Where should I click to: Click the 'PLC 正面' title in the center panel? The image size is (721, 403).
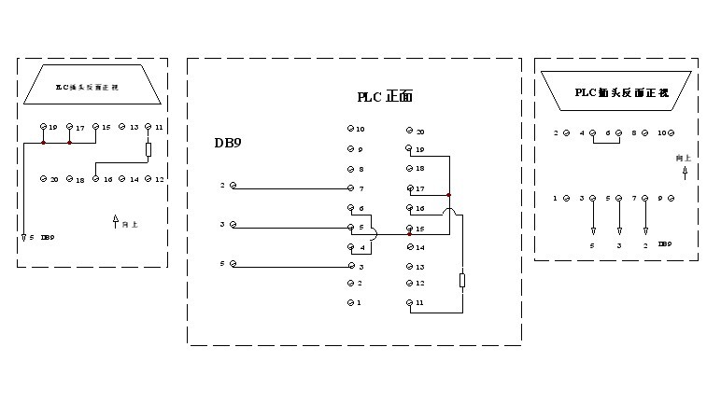tap(385, 96)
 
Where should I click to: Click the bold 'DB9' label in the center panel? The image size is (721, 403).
tap(229, 143)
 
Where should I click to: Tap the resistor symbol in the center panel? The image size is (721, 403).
tap(462, 280)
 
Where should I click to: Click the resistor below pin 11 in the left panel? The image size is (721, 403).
tap(148, 149)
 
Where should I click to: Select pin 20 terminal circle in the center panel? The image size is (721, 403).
tap(408, 132)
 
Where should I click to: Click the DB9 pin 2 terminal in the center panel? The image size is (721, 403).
tap(233, 187)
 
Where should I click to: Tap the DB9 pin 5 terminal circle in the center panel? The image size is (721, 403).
tap(233, 266)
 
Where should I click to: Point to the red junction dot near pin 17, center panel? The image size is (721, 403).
tap(449, 195)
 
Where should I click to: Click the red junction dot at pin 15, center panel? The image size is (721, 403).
tap(408, 229)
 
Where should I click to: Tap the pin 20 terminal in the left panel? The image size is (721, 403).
tap(43, 178)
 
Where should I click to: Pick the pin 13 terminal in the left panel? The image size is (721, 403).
tap(122, 127)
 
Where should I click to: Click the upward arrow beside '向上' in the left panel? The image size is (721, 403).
tap(116, 222)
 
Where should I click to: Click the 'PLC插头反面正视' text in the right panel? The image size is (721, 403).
tap(621, 91)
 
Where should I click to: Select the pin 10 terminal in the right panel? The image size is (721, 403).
tap(672, 133)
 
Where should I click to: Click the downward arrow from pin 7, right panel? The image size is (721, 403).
tap(645, 219)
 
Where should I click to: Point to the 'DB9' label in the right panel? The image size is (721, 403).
tap(664, 244)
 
